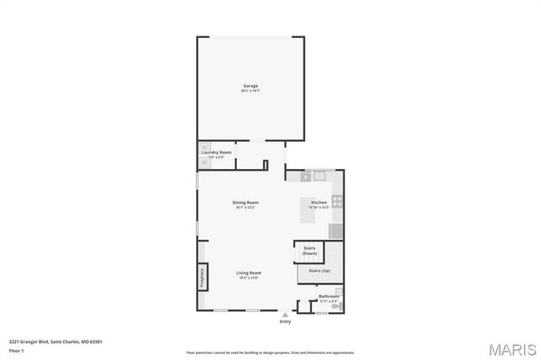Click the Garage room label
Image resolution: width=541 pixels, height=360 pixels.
tap(250, 86)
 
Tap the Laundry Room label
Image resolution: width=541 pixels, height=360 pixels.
tap(216, 152)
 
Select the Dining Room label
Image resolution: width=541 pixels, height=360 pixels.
tap(245, 203)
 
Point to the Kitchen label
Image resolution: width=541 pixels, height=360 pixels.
tap(319, 203)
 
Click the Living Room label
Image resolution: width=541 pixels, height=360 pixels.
tap(249, 273)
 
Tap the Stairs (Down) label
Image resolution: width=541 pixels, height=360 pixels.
tap(309, 250)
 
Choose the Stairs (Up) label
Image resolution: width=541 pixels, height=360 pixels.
tap(320, 270)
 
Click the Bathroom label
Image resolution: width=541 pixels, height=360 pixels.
tap(328, 297)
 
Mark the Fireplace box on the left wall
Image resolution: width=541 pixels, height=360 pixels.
tap(202, 277)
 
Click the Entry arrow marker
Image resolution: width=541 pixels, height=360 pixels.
tap(285, 314)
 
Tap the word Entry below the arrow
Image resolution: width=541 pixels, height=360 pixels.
tap(285, 321)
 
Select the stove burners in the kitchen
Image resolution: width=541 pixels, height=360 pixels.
tap(337, 201)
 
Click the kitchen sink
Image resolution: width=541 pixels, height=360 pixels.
tap(319, 176)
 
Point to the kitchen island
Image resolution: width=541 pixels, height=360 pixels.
tap(307, 210)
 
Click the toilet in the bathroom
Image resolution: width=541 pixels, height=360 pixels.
tap(337, 305)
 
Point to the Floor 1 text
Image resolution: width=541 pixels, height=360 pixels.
tap(16, 349)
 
